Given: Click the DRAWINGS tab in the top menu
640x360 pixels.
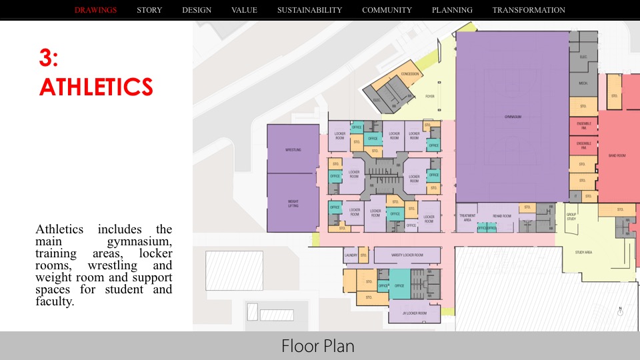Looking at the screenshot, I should click(96, 10).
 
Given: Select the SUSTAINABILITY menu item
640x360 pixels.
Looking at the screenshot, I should click(309, 10).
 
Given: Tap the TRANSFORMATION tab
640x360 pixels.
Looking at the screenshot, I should click(529, 10).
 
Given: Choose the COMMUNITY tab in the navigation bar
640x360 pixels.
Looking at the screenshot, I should click(387, 10).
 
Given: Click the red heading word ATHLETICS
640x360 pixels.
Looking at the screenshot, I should click(96, 86).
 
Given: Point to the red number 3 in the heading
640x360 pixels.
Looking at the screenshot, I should click(49, 58).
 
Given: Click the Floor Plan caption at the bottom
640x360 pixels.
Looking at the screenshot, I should click(318, 346).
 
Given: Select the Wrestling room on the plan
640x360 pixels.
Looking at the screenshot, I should click(293, 149).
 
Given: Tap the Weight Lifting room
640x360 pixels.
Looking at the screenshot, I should click(293, 203).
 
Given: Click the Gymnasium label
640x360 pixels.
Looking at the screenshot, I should click(512, 117).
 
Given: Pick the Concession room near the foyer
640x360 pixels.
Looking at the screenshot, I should click(410, 75).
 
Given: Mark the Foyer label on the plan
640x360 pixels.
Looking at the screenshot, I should click(430, 96).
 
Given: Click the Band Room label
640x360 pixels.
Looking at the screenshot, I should click(617, 155).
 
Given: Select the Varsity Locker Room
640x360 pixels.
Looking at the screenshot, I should click(407, 255).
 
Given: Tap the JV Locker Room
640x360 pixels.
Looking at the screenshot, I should click(414, 312).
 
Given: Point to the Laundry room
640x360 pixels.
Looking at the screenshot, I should click(351, 255).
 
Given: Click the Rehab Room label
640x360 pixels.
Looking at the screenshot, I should click(501, 216).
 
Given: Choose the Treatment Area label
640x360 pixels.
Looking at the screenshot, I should click(467, 217).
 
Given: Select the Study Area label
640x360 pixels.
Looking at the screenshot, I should click(583, 252).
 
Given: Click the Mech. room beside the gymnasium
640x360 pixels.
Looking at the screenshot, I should click(583, 83).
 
